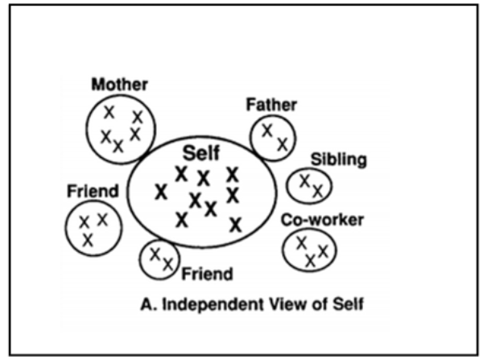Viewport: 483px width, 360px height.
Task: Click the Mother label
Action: pos(120,83)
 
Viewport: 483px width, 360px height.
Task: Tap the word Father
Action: pos(273,105)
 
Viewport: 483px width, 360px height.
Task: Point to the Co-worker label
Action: pos(322,219)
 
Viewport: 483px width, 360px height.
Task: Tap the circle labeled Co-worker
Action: pos(310,249)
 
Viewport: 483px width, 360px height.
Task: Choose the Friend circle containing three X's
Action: pos(91,228)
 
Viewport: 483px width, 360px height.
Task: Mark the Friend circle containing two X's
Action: pos(159,259)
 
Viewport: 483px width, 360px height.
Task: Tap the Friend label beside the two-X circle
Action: pos(208,274)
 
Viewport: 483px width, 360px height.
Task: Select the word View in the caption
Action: pos(296,304)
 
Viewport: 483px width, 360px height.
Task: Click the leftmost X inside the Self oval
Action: pos(162,192)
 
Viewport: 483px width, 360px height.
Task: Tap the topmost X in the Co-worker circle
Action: pos(301,241)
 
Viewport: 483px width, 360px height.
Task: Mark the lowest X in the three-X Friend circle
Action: pos(87,239)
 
